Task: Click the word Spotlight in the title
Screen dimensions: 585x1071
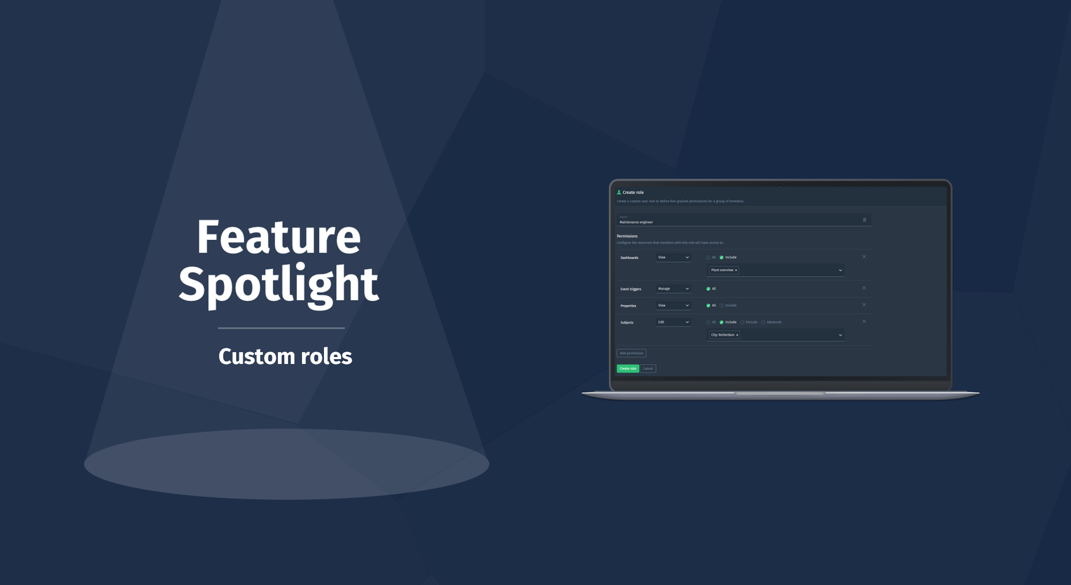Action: click(x=278, y=284)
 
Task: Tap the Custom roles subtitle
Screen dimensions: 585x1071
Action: click(x=285, y=356)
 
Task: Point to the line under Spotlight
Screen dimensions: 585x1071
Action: click(x=281, y=328)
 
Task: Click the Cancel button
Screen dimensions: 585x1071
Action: click(x=648, y=369)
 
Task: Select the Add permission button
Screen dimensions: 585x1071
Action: click(x=631, y=353)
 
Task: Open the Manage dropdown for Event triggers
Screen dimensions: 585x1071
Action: click(x=673, y=289)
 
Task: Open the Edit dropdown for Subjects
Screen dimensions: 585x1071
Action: click(x=673, y=322)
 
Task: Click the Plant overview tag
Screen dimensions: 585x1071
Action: click(x=722, y=270)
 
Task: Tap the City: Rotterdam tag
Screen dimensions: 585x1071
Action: click(x=722, y=335)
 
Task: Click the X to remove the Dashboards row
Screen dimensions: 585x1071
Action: click(x=864, y=257)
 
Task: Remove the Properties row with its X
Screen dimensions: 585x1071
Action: click(x=864, y=305)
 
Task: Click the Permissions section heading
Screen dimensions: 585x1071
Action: click(x=627, y=236)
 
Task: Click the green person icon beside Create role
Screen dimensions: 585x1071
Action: click(x=619, y=192)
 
